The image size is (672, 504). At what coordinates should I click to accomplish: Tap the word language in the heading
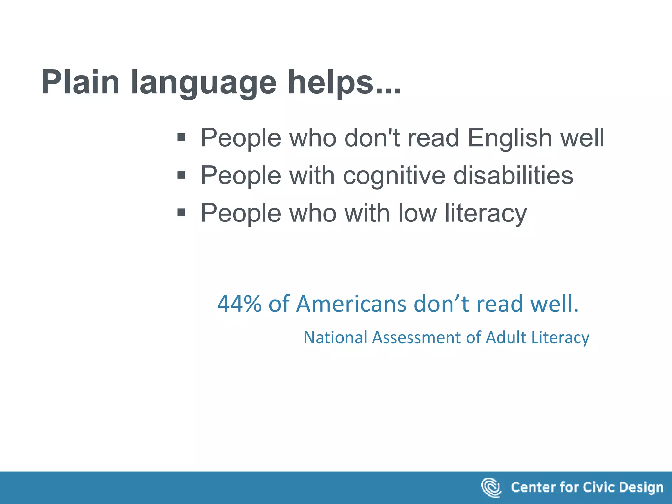pyautogui.click(x=203, y=84)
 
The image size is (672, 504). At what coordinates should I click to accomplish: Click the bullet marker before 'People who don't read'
pyautogui.click(x=181, y=137)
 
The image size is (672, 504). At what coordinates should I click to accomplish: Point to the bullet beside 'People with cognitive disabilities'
pyautogui.click(x=181, y=175)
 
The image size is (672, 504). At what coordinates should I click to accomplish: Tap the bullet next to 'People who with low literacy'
pyautogui.click(x=181, y=213)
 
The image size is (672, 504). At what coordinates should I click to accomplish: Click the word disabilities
pyautogui.click(x=513, y=175)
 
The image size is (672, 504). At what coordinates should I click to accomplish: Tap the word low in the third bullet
pyautogui.click(x=417, y=213)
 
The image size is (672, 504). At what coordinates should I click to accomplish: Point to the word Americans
pyautogui.click(x=351, y=304)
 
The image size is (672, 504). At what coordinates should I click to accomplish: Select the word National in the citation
pyautogui.click(x=335, y=337)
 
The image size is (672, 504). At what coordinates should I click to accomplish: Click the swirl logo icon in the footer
pyautogui.click(x=491, y=488)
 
